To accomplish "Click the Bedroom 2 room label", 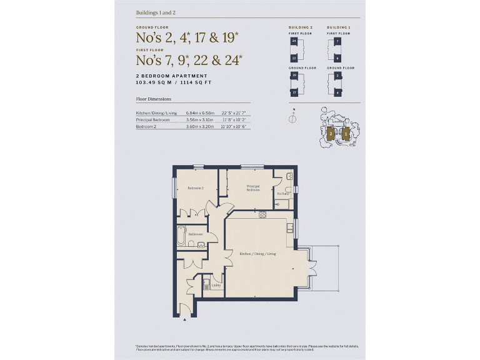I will [196, 188].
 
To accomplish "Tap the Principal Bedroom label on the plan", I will [252, 187].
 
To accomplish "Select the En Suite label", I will [283, 194].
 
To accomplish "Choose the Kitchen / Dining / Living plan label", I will [257, 254].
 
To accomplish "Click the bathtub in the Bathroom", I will [182, 235].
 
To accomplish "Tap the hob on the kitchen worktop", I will [262, 216].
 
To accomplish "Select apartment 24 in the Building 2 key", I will [294, 41].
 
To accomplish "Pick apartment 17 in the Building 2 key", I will [294, 92].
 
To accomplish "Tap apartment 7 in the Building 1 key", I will [337, 41].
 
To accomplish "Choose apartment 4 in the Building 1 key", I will [337, 92].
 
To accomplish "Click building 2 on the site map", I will [330, 132].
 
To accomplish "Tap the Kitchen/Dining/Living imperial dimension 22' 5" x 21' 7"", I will [234, 112].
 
